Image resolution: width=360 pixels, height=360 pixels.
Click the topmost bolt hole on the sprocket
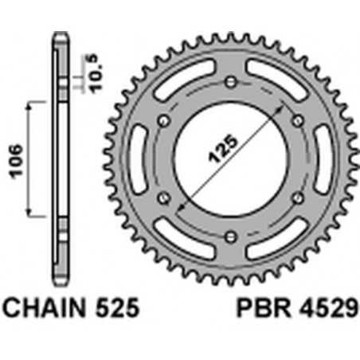pyautogui.click(x=231, y=82)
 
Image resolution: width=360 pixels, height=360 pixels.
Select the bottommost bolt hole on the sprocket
pyautogui.click(x=231, y=237)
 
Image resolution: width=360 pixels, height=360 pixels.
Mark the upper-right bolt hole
pyautogui.click(x=298, y=120)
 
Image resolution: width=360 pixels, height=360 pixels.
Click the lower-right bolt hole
pyautogui.click(x=298, y=198)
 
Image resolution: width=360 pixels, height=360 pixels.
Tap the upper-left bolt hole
pyautogui.click(x=164, y=120)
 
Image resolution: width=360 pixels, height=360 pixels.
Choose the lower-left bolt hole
pyautogui.click(x=164, y=198)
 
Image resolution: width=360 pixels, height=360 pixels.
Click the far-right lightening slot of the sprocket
pyautogui.click(x=323, y=159)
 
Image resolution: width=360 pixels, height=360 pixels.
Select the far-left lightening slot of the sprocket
pyautogui.click(x=138, y=159)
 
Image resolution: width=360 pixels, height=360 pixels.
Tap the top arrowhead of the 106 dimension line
pyautogui.click(x=29, y=104)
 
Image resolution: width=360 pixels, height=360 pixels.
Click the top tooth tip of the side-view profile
pyautogui.click(x=59, y=35)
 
